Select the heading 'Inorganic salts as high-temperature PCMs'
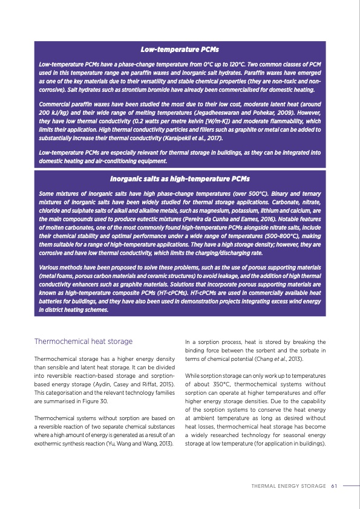(180, 179)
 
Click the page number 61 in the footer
(333, 485)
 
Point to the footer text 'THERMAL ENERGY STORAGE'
(288, 485)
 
